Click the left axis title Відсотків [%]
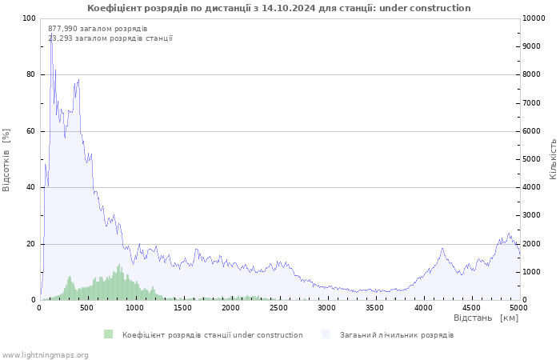[7, 158]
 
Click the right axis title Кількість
[553, 158]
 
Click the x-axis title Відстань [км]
[486, 318]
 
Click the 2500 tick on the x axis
[279, 307]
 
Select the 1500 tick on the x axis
[183, 307]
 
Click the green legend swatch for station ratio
[109, 334]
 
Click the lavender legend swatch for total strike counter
[326, 334]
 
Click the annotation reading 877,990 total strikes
[98, 29]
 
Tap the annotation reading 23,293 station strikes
[110, 38]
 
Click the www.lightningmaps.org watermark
[44, 354]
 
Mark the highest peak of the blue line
[51, 35]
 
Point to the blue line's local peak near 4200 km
[442, 248]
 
